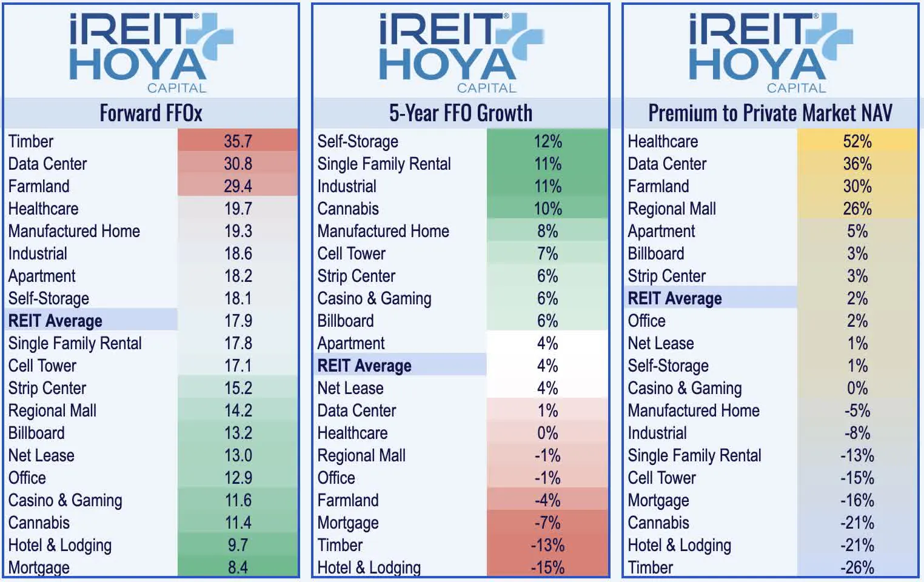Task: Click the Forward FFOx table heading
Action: tap(151, 113)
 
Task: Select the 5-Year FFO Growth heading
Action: tap(460, 113)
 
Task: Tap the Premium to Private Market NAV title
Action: tap(770, 113)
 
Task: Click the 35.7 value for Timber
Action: tap(238, 141)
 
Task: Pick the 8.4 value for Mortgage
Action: tap(238, 567)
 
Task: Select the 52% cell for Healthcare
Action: tap(857, 141)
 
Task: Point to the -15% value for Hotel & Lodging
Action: tap(547, 567)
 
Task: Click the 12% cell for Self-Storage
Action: tap(547, 141)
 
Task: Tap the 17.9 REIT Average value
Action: tap(238, 321)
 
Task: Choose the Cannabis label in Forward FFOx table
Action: tap(39, 523)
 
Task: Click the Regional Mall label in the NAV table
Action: tap(672, 209)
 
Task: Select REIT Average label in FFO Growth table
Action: tap(364, 366)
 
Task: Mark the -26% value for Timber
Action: tap(857, 567)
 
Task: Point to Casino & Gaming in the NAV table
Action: tap(685, 388)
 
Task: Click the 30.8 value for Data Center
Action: tap(238, 164)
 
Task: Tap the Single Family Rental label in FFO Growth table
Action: tap(384, 164)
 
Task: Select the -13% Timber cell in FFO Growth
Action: tap(547, 545)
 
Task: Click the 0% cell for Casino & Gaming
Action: tap(857, 388)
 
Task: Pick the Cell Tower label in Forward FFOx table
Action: tap(42, 366)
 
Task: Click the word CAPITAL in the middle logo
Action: tap(486, 88)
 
